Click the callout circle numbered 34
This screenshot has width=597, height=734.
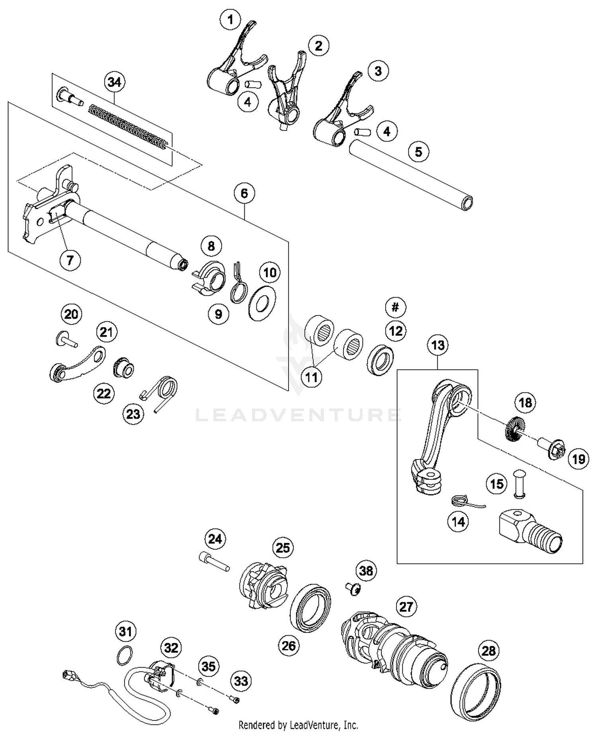pyautogui.click(x=114, y=82)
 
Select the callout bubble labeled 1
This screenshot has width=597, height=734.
pyautogui.click(x=231, y=19)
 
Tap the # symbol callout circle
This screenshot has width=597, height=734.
pyautogui.click(x=395, y=307)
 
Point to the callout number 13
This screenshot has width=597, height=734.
pyautogui.click(x=438, y=345)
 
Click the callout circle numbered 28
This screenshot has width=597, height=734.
pyautogui.click(x=488, y=650)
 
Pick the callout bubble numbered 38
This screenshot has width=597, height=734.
pyautogui.click(x=366, y=571)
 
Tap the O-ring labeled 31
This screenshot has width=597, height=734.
pyautogui.click(x=125, y=655)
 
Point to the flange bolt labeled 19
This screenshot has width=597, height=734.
pyautogui.click(x=552, y=449)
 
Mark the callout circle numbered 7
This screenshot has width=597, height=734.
pyautogui.click(x=70, y=261)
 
